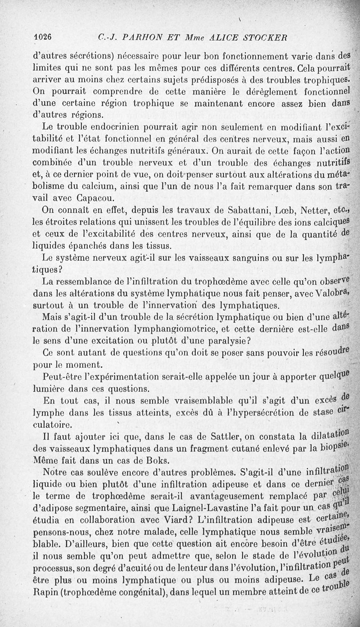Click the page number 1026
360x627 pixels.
[44, 37]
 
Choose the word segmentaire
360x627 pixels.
[103, 507]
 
